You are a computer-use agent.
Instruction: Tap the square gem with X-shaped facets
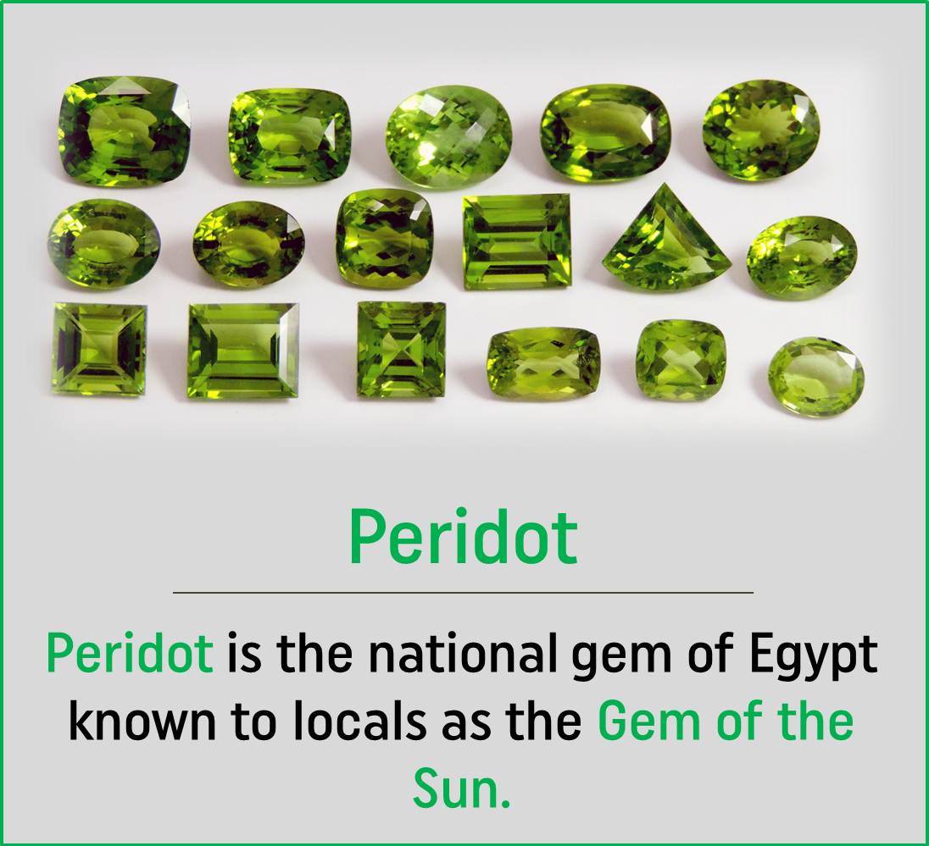pos(401,348)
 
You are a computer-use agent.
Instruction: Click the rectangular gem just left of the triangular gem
pos(516,241)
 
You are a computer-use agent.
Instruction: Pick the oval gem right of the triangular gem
pos(801,257)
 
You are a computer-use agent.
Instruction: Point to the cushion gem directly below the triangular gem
pos(681,360)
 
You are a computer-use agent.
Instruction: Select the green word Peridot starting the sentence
pos(130,654)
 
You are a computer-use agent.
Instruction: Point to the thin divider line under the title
pos(463,593)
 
